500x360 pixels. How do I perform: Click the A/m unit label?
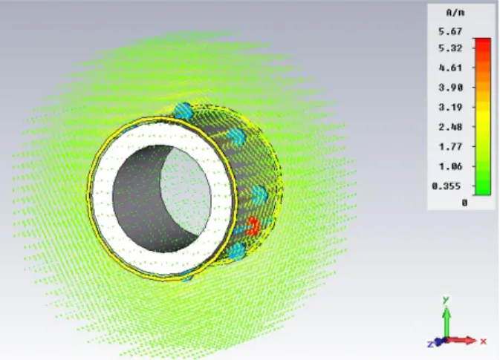455,13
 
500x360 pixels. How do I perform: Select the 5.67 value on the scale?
450,31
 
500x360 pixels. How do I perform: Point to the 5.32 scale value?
450,48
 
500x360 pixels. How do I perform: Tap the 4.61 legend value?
450,68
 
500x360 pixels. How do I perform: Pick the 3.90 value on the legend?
450,88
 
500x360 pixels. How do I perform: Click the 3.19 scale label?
450,108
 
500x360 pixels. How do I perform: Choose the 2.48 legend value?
450,127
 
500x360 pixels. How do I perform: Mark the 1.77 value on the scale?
450,147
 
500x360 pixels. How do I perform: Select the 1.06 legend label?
450,166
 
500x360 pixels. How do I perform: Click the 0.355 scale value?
446,186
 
